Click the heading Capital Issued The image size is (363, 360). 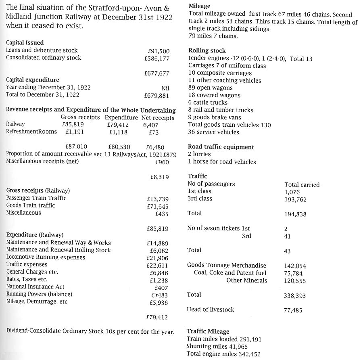tap(25, 43)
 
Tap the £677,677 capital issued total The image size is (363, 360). tap(157, 73)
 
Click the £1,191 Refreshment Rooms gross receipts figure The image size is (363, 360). tap(75, 132)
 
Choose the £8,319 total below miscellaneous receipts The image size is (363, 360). tap(159, 177)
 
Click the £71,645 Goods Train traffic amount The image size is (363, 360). tap(158, 206)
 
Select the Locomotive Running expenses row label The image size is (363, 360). tap(46, 257)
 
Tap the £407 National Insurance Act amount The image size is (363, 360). tap(161, 287)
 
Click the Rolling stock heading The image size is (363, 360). tap(207, 51)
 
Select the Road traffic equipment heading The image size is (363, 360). tap(221, 147)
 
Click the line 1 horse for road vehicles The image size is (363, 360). tap(222, 162)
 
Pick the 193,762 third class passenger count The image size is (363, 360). tap(296, 199)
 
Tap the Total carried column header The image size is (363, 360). tap(302, 185)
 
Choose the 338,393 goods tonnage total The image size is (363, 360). tap(295, 296)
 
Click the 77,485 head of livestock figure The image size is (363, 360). tap(293, 310)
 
